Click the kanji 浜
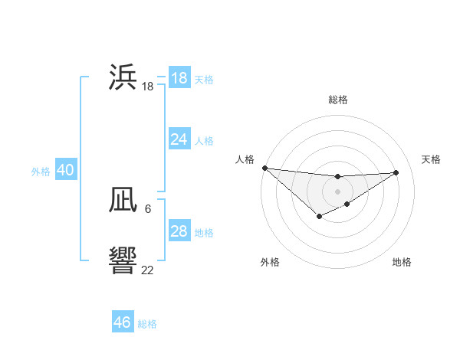tap(123, 77)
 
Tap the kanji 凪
tap(123, 200)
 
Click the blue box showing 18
tap(179, 78)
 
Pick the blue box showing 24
tap(179, 139)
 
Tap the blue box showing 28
tap(179, 231)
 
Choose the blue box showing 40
tap(65, 170)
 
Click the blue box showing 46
tap(123, 322)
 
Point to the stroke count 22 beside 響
tap(147, 270)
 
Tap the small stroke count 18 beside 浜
tap(147, 87)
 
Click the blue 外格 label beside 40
tap(41, 172)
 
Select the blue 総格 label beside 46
tap(147, 324)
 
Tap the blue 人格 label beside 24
tap(204, 141)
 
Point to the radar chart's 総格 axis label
tap(337, 100)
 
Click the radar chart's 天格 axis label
tap(431, 159)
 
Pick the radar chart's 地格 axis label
tap(402, 262)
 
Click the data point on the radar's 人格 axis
tap(264, 168)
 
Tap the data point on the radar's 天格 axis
tap(396, 172)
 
